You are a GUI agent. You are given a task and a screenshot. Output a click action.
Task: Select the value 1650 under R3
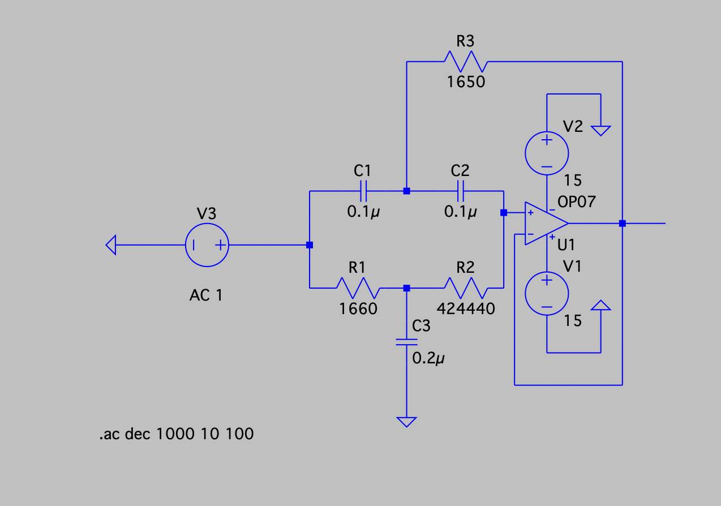466,82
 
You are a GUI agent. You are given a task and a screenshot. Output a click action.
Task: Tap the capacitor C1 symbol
363,191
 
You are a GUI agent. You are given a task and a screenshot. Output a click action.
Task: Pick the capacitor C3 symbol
406,342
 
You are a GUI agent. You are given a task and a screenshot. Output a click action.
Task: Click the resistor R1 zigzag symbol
358,288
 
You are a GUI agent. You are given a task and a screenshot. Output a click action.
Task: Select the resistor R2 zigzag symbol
466,288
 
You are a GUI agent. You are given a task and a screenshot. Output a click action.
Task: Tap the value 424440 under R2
466,309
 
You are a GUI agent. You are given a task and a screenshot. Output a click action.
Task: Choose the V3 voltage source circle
207,245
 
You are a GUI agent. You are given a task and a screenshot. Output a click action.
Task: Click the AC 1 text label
206,295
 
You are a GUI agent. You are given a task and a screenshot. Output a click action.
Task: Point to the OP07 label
577,202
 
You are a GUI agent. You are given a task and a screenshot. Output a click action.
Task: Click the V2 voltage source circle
547,153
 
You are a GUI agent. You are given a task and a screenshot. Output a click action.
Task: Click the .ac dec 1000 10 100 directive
177,434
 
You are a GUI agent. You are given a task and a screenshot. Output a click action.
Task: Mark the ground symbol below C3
406,422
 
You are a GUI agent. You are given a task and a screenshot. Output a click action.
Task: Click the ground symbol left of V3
111,245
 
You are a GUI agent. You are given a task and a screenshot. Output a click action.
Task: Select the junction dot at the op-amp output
622,224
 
